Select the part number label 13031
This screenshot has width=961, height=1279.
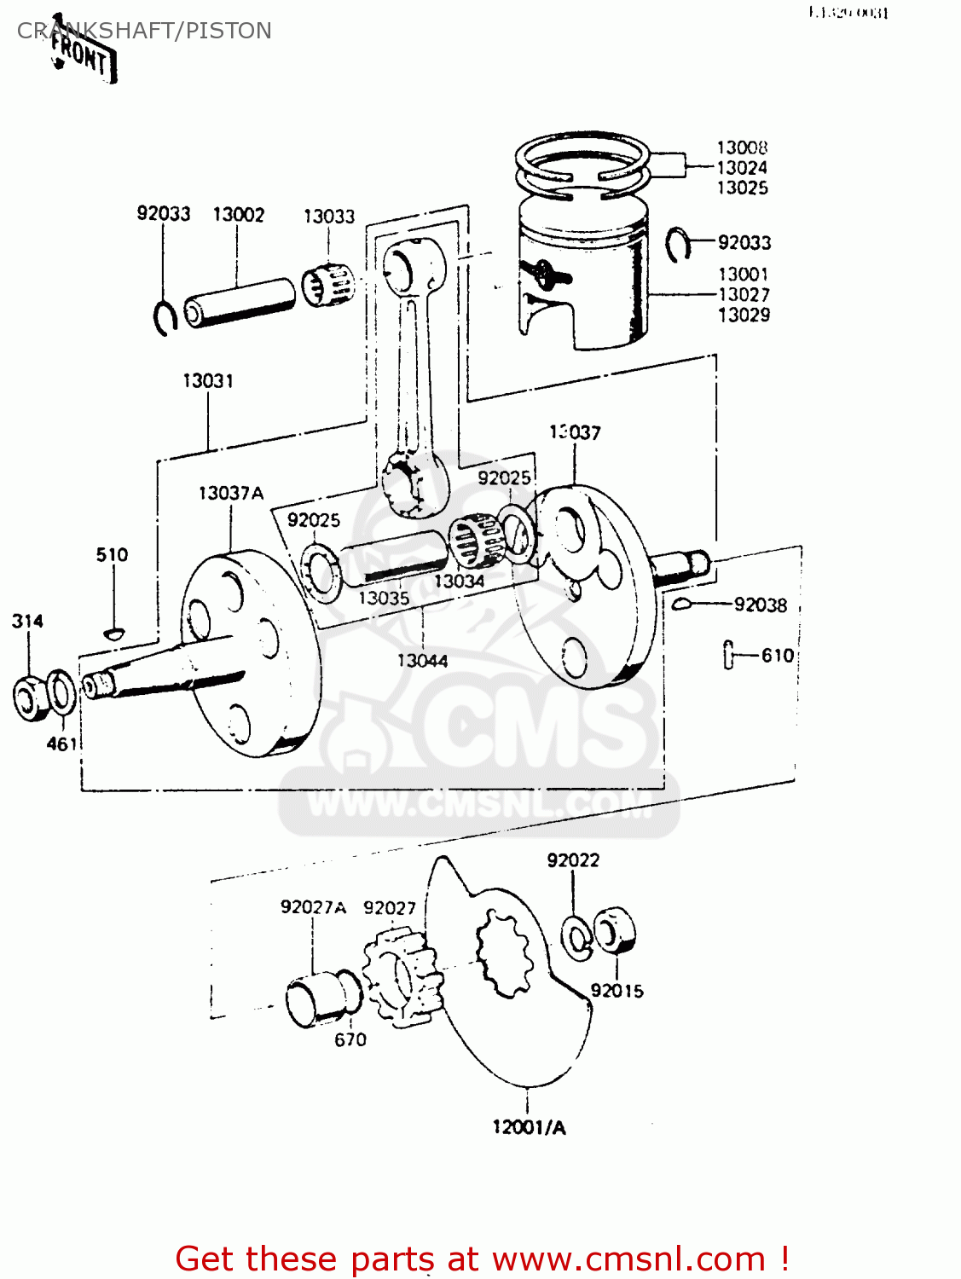tap(208, 381)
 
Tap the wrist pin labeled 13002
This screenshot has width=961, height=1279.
tap(240, 302)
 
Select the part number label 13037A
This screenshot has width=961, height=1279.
tap(231, 494)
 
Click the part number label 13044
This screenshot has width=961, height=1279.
tap(422, 661)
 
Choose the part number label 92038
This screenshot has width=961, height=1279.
tap(761, 605)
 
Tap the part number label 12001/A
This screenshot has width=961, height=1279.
tap(529, 1128)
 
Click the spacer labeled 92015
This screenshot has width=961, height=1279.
tap(616, 931)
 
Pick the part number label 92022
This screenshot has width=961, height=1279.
tap(573, 861)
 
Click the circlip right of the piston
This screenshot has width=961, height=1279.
tap(677, 245)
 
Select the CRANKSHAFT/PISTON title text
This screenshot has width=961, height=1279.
tap(144, 31)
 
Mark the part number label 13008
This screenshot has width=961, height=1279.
tap(742, 148)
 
